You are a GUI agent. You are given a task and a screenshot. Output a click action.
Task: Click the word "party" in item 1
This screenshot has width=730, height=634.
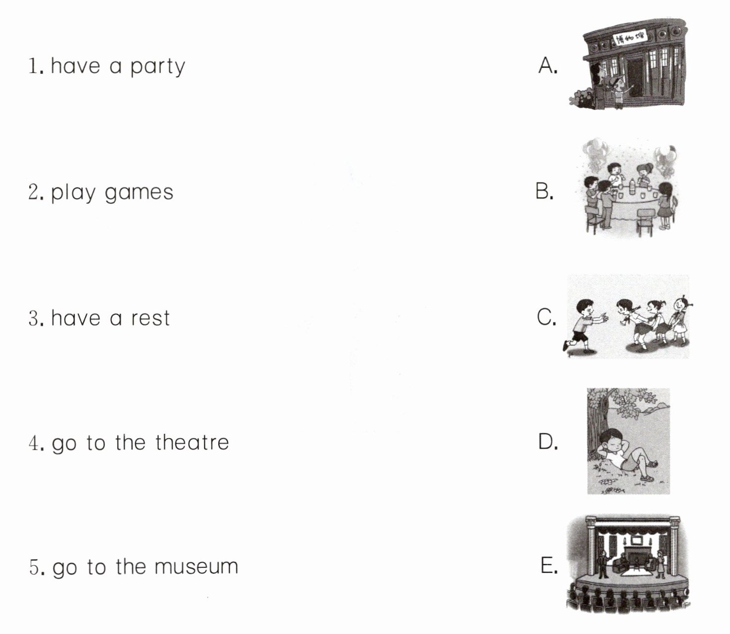click(157, 67)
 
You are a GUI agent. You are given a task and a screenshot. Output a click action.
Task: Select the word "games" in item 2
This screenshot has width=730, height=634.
click(139, 193)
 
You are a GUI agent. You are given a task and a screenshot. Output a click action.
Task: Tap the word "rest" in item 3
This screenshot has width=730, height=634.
click(150, 318)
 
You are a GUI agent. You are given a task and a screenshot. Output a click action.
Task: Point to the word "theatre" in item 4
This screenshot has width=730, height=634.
click(192, 442)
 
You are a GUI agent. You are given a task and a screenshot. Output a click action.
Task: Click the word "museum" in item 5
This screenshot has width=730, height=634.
click(196, 567)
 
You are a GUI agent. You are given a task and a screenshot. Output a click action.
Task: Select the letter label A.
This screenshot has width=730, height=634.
click(548, 66)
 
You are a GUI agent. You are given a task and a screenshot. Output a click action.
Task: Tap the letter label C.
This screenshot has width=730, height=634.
click(546, 317)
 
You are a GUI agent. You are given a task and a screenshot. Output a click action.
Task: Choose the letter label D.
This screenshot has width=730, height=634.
click(548, 442)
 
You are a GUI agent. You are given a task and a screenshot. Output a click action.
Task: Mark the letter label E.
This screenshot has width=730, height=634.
click(549, 565)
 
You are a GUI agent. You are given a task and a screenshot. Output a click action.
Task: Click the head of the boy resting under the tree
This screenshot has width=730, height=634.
click(611, 442)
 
